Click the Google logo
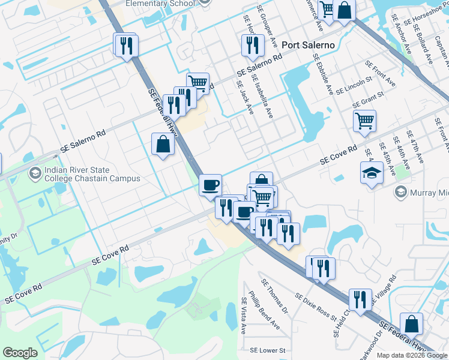pyautogui.click(x=20, y=353)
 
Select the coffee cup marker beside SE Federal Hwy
pyautogui.click(x=210, y=184)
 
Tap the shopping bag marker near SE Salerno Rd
pyautogui.click(x=163, y=144)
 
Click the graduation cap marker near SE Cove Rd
pyautogui.click(x=372, y=173)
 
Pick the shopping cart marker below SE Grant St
pyautogui.click(x=364, y=121)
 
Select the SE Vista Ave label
pyautogui.click(x=244, y=316)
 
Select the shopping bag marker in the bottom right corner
pyautogui.click(x=412, y=324)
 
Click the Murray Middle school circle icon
pyautogui.click(x=400, y=193)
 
